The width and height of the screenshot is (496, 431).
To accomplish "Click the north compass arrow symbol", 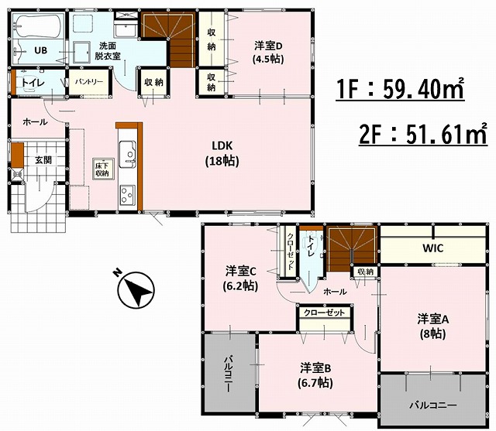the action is click(x=136, y=290).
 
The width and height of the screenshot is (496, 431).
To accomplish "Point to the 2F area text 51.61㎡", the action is click(x=423, y=133).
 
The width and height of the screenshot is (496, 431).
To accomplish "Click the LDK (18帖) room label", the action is click(x=222, y=154).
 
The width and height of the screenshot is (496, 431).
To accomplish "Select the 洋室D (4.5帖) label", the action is click(x=267, y=53).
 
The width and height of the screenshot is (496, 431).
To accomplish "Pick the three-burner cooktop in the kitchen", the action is click(x=127, y=195).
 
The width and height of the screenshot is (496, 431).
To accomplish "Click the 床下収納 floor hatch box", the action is click(x=101, y=169).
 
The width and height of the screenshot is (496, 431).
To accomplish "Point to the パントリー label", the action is click(x=89, y=82).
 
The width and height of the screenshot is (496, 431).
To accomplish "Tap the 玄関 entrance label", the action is click(x=43, y=160).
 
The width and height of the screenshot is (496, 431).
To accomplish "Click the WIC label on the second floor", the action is click(x=433, y=248).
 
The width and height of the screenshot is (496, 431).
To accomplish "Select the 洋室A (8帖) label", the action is click(x=432, y=326).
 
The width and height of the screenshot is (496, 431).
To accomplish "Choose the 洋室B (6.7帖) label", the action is click(x=315, y=376).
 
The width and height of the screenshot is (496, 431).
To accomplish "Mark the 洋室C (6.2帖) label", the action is click(x=240, y=278).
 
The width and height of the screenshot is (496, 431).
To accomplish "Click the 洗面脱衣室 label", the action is click(x=107, y=51).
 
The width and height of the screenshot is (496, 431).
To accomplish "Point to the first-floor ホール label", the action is click(x=35, y=122).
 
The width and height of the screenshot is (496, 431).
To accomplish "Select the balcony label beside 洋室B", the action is click(x=229, y=374).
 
